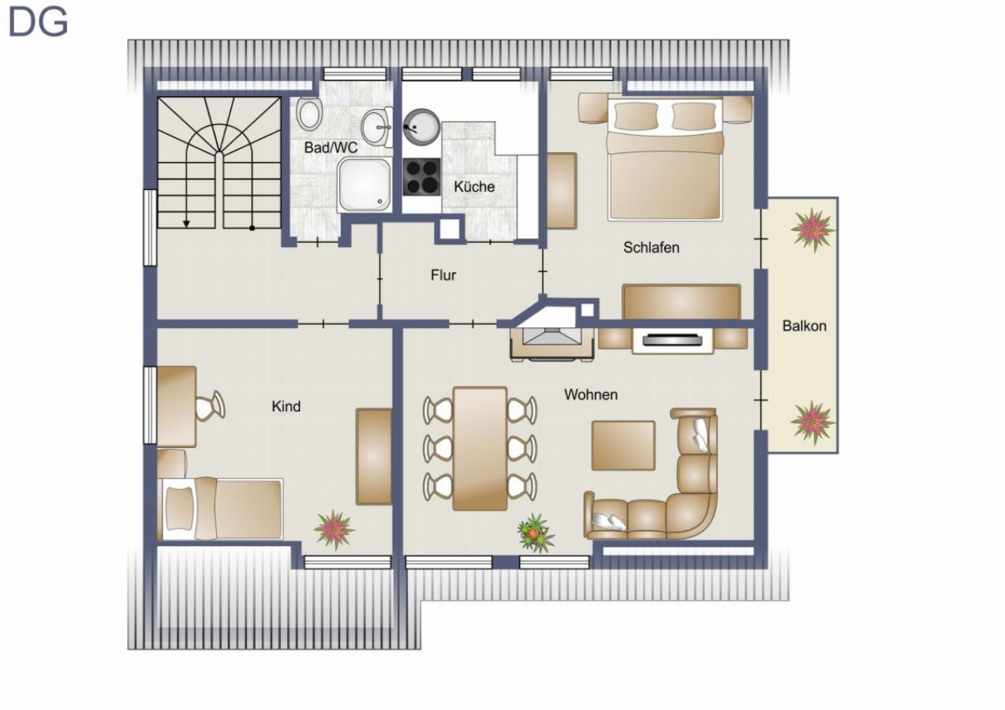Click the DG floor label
point(38,21)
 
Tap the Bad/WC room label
point(331,148)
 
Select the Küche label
point(474,186)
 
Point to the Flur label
point(443,275)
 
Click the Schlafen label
point(651,247)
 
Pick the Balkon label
point(804,326)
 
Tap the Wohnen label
point(591,394)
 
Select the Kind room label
point(286,406)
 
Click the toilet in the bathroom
point(309,114)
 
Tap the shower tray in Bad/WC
point(364,185)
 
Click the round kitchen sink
point(421,127)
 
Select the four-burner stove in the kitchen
point(422,177)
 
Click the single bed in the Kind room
point(220,508)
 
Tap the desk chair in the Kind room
point(211,405)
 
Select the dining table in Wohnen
point(480,449)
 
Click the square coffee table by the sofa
point(623,446)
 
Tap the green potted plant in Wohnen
point(536,533)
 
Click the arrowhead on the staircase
point(186,223)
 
